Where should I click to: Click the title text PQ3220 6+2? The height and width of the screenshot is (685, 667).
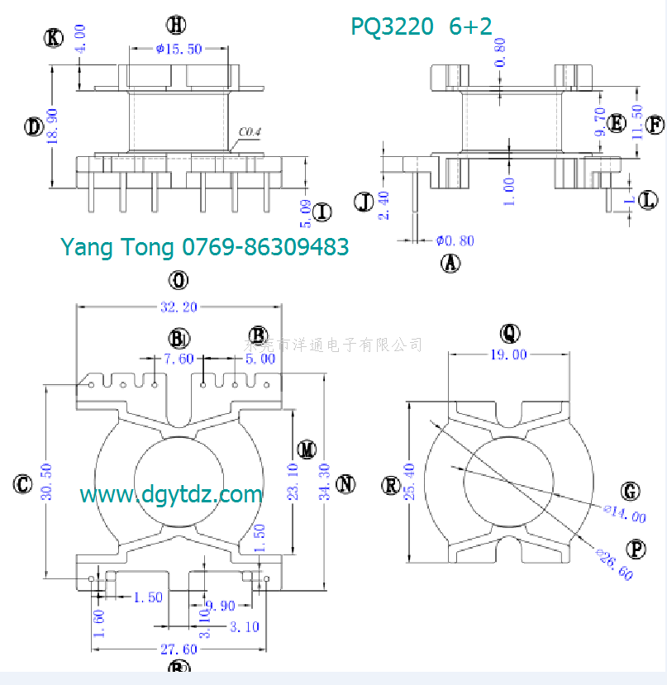point(421,26)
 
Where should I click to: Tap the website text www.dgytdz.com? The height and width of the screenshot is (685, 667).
point(171,495)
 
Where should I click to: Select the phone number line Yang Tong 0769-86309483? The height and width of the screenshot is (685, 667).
point(204,246)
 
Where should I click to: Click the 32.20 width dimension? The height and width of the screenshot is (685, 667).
point(179,307)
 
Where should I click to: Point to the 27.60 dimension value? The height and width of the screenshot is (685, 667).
point(178,649)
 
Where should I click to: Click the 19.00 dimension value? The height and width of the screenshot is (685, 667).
point(509,354)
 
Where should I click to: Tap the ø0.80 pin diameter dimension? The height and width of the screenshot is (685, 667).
point(455,240)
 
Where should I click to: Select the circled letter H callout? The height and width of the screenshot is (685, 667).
point(176,23)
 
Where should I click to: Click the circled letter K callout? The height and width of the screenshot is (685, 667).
point(55,37)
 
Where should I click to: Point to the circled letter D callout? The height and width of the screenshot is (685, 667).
point(34,126)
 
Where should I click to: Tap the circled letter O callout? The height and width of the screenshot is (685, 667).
point(179,281)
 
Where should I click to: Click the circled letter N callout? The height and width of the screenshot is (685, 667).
point(346,484)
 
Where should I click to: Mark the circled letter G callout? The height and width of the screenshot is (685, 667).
point(631,492)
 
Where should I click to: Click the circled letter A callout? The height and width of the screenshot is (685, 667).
point(450,264)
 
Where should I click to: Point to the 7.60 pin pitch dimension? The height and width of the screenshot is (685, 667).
point(179,359)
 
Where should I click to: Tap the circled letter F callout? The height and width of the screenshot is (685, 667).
point(655,125)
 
